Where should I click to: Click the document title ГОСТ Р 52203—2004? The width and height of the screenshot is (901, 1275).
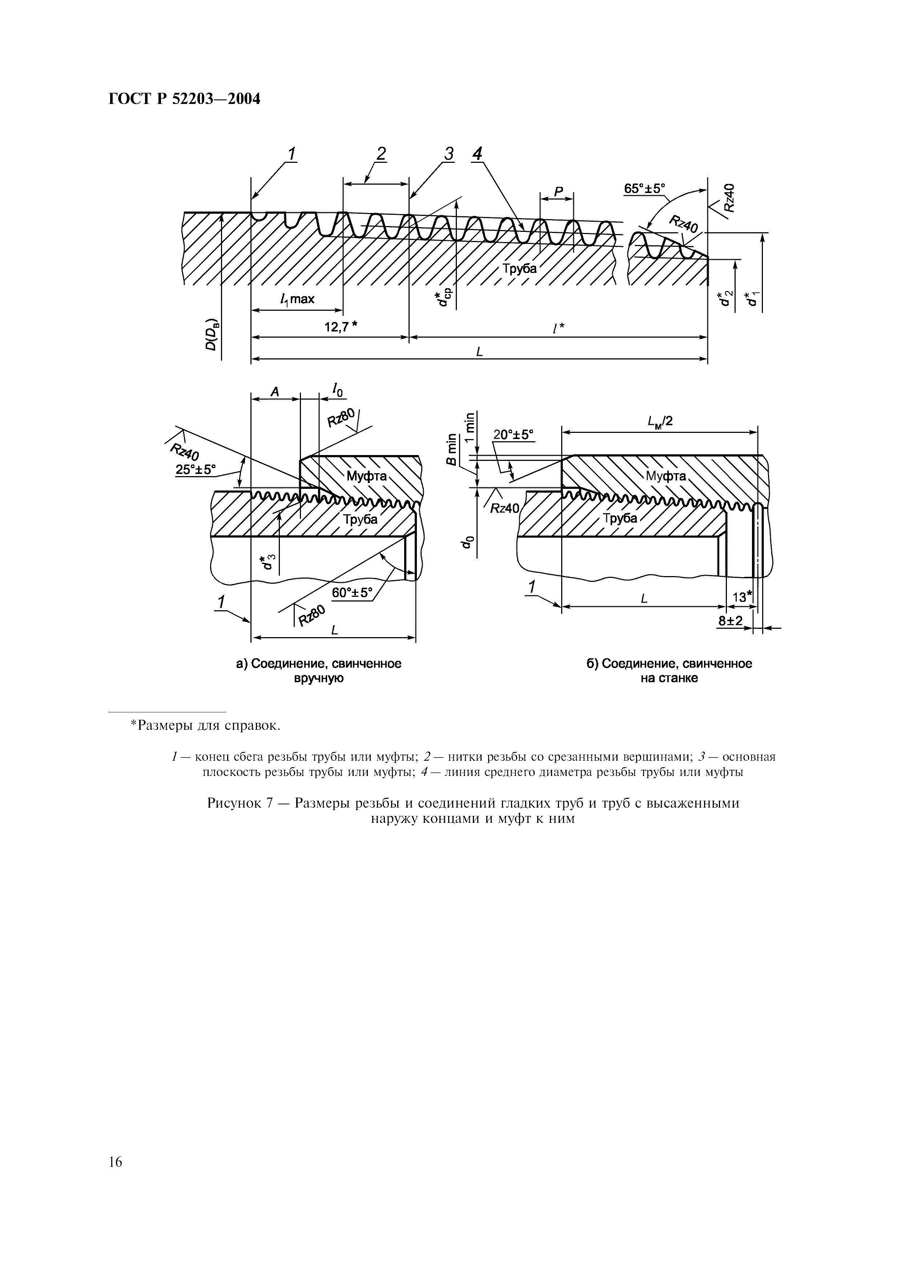pos(184,99)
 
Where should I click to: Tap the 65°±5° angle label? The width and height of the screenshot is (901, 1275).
pos(644,189)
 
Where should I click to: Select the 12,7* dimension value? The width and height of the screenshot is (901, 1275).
pos(340,327)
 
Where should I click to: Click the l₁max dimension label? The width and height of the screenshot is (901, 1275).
pos(298,300)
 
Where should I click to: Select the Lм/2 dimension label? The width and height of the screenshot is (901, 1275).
pos(660,422)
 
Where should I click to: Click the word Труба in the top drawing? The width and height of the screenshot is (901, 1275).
pos(520,269)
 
